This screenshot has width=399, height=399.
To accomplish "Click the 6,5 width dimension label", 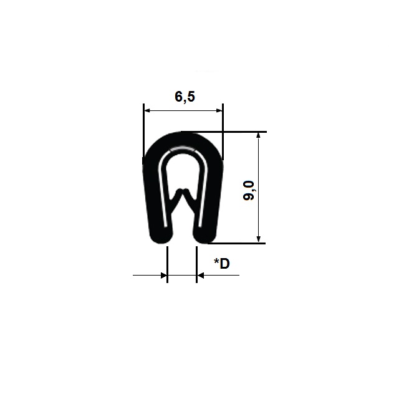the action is tap(185, 97).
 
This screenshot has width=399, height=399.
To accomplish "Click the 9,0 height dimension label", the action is tap(249, 191).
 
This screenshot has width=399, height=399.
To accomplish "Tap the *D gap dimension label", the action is tap(222, 263).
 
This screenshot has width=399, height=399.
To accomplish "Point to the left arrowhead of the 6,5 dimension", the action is tap(147, 111).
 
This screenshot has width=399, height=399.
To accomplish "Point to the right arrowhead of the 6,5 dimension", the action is tap(219, 111).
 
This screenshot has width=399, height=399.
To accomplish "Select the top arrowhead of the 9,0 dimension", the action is tap(259, 135).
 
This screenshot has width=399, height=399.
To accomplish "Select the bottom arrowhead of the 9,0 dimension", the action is tap(259, 239).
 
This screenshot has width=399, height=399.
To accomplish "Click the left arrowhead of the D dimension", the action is tap(164, 276).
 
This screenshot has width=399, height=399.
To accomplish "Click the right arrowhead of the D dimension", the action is tap(201, 276).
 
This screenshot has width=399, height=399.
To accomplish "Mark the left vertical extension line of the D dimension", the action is tap(167, 264).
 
